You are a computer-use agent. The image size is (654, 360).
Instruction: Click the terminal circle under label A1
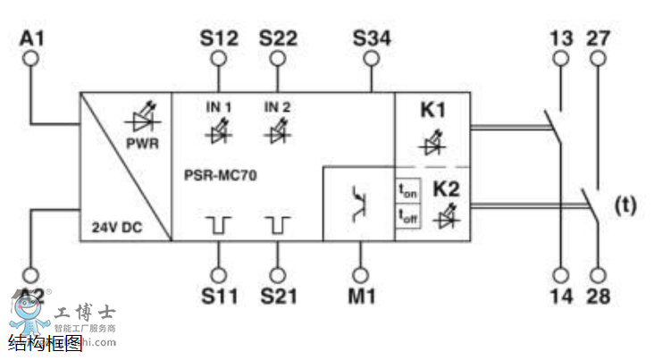32,59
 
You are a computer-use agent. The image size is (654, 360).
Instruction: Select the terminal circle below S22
278,59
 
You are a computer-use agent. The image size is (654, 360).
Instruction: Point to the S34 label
372,38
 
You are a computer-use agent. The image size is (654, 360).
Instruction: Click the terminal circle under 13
561,59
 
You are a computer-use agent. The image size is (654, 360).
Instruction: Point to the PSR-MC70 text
214,176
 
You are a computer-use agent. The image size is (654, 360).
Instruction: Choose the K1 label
432,113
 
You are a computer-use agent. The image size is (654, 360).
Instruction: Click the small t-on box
408,190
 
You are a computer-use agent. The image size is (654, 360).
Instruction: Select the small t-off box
408,215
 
